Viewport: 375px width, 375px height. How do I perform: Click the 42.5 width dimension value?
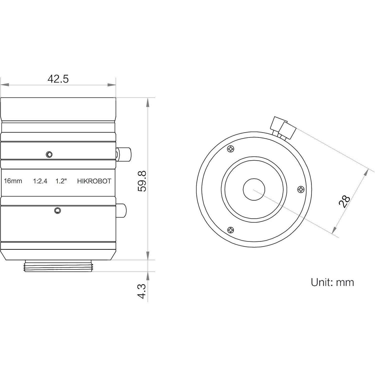[58, 79]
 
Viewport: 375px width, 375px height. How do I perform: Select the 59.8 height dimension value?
[142, 181]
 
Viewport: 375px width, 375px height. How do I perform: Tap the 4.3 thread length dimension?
[142, 291]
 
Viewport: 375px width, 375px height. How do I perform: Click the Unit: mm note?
[332, 282]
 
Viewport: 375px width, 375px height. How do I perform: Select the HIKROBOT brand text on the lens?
[94, 181]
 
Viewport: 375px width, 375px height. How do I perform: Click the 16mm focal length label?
[13, 181]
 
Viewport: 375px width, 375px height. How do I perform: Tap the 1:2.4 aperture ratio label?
[40, 181]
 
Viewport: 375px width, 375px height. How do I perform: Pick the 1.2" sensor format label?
[61, 181]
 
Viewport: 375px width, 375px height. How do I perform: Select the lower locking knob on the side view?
[121, 211]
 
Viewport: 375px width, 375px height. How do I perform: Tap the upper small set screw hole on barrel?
[49, 154]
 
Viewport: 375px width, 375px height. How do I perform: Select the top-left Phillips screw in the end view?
[231, 149]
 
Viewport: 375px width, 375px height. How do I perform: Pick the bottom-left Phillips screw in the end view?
[231, 230]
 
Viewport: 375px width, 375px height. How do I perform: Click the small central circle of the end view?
[254, 189]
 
